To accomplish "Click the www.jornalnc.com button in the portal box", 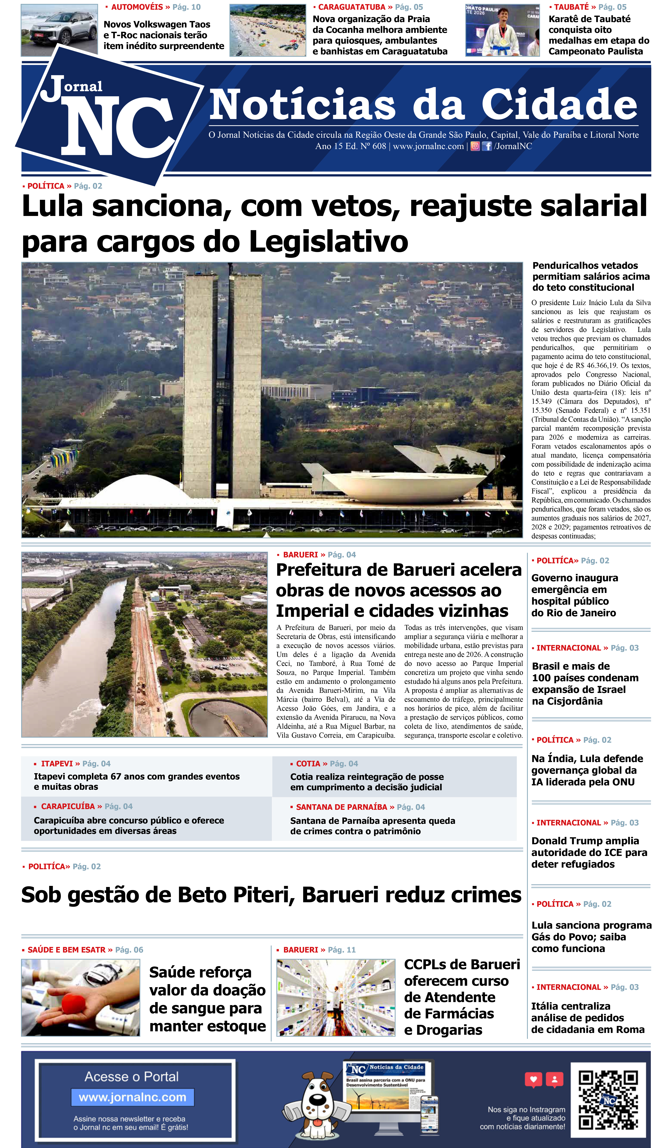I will pyautogui.click(x=133, y=1097).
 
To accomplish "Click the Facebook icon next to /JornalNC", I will pyautogui.click(x=487, y=146).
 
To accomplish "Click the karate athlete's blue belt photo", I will pyautogui.click(x=502, y=31).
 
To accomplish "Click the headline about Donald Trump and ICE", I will pyautogui.click(x=589, y=852).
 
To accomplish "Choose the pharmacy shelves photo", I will pyautogui.click(x=336, y=998).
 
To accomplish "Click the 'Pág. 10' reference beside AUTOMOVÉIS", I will pyautogui.click(x=186, y=7).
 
